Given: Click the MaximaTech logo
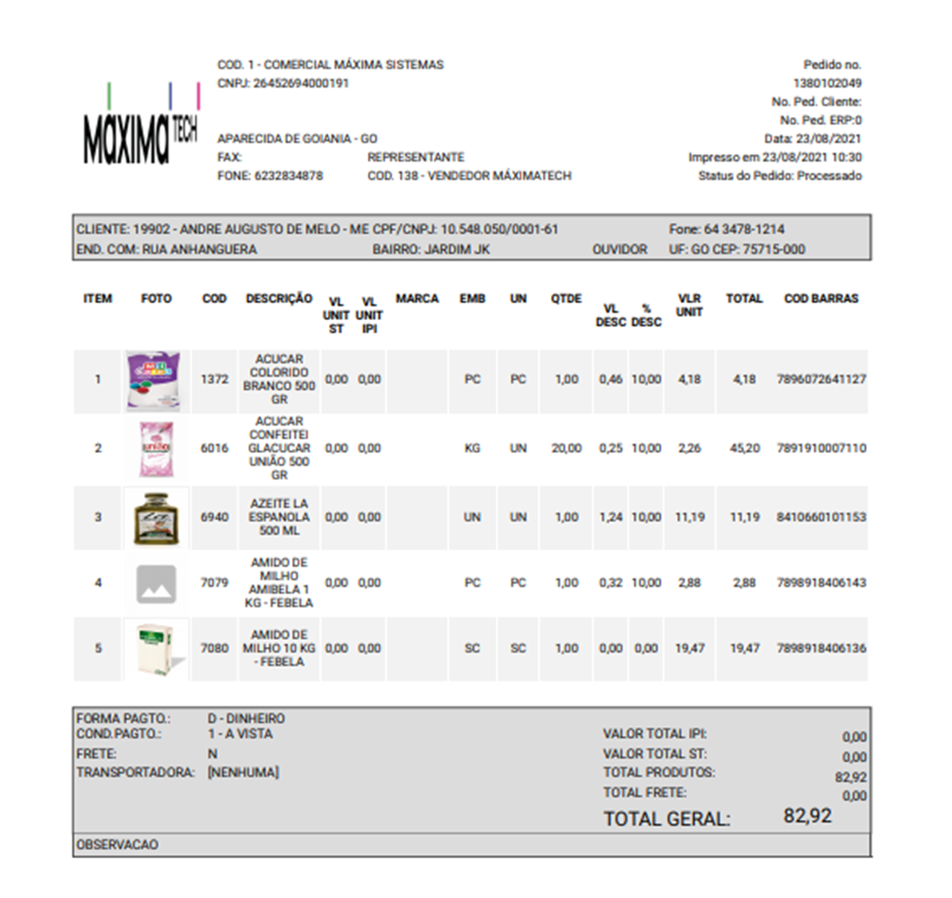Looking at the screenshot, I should pos(141,127).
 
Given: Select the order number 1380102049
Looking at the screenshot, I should pos(827,84).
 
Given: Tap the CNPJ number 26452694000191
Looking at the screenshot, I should pos(301,84).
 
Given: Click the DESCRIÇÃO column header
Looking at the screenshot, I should pos(279,299).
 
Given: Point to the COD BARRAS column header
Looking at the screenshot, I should pos(821,299).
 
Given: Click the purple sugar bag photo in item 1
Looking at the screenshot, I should pos(154,381).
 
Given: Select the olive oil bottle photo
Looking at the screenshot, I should pos(156,518).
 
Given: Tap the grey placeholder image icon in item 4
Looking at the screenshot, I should pos(156,584).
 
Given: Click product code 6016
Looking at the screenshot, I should pos(214,449).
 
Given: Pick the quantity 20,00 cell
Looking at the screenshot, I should pos(566,449).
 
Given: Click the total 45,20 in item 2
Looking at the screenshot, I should pos(744,449).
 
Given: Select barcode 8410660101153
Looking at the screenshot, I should pos(821,517).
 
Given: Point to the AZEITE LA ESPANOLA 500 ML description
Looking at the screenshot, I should pos(279,517).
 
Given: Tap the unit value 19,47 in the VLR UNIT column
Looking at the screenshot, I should pos(689,649).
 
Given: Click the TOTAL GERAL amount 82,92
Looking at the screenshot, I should pos(807,816).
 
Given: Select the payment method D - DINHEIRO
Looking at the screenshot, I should pos(246,719).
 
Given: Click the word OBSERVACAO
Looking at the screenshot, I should pos(117,845).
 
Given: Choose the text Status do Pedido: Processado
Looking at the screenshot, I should pos(779,176).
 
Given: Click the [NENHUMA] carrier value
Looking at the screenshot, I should pos(243,773).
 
